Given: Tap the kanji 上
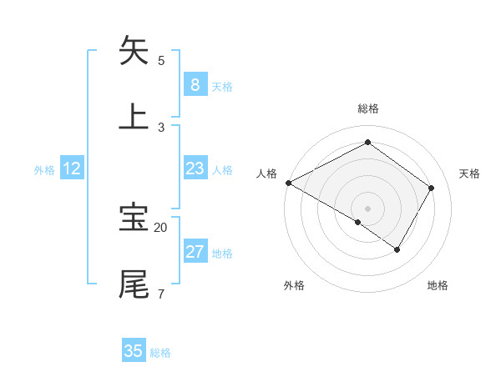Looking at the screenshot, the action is point(134,116).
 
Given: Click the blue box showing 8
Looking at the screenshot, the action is point(195,84).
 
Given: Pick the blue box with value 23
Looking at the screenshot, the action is point(195,168).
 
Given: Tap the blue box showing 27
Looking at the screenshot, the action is point(195,252).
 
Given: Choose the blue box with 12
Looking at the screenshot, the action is point(72,168).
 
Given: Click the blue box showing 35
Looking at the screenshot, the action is point(134,351).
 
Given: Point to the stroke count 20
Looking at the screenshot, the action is point(161,227).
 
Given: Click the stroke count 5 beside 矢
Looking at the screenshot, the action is point(161,60).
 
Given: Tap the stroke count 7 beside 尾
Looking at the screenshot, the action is point(160,294).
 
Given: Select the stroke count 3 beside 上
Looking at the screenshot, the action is point(161,127).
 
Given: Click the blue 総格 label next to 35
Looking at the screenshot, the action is point(160,353).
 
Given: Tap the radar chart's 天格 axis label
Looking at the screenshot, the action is point(470,173).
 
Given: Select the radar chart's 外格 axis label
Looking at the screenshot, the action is point(294,285).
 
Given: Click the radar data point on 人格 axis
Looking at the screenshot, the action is point(288,183).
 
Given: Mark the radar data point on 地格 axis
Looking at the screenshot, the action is point(397,249).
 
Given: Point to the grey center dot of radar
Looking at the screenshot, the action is point(367,208).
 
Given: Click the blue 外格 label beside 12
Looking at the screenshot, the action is point(44,170).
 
